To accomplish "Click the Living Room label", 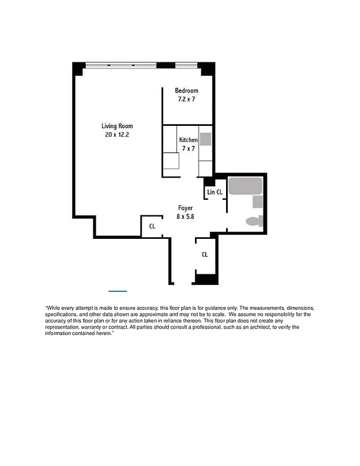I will coord(117,126).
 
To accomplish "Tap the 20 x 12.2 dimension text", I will coord(117,135).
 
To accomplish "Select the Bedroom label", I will coord(186,90).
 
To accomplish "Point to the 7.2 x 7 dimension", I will coord(186,100).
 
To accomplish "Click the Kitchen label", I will coord(188,140).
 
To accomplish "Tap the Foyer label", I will coord(185,207).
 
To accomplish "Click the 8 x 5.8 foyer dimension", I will coord(185,216).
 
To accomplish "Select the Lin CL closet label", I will coord(214,192).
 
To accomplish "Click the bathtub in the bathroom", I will coord(245,186).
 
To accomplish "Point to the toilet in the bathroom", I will coord(255,221).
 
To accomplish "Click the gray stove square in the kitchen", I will coord(206,139).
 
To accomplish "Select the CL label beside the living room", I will coord(152,226).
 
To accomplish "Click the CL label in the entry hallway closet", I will coord(205,255).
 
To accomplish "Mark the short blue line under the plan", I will coord(118,290).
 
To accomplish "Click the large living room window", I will coord(121,65).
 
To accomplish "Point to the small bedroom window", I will coord(183,65).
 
